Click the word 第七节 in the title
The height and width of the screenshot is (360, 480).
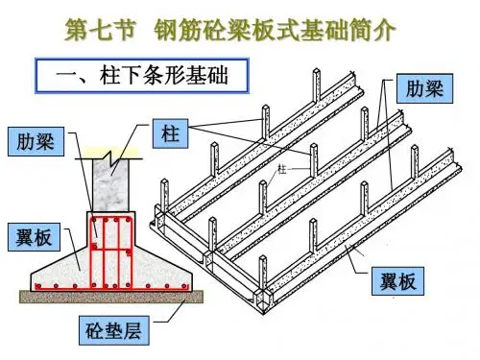101,30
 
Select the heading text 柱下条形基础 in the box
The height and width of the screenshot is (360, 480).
163,76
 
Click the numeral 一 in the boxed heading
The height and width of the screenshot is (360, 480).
65,76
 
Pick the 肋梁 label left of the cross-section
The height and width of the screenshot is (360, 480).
36,141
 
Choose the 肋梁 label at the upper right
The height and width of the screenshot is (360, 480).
424,88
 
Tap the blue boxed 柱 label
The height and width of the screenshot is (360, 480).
170,133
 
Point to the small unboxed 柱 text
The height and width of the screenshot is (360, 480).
281,169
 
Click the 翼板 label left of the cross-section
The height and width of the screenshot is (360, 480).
34,237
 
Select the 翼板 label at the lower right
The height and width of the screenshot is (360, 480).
397,281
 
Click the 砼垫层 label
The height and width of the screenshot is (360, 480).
114,330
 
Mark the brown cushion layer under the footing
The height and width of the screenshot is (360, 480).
111,297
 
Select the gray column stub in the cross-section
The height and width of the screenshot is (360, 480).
110,185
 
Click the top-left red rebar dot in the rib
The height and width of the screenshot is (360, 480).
94,221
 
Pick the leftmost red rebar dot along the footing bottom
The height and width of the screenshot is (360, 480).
38,286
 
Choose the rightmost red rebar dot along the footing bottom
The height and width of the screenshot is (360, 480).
184,286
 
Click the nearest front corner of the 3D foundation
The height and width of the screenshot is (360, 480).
263,314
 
